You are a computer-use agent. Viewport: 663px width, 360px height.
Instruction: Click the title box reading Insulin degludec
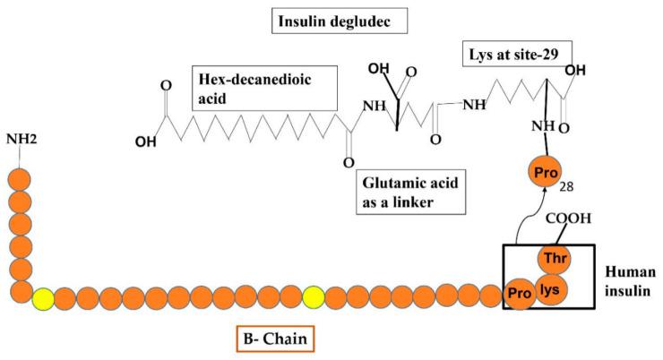point(332,19)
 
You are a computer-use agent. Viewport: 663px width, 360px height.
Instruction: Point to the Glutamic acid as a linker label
point(408,193)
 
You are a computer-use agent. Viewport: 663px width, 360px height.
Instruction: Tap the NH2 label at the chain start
point(22,139)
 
